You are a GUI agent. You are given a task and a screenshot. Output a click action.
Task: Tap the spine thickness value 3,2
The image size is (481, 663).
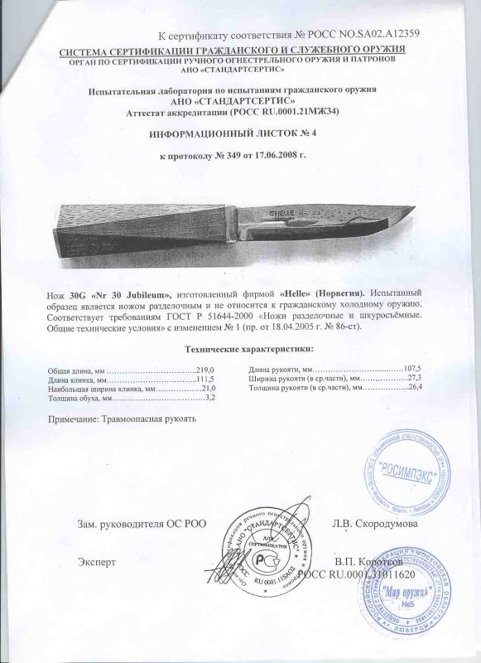pyautogui.click(x=210, y=399)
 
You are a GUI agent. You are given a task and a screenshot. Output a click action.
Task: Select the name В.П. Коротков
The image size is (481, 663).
pyautogui.click(x=368, y=560)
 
